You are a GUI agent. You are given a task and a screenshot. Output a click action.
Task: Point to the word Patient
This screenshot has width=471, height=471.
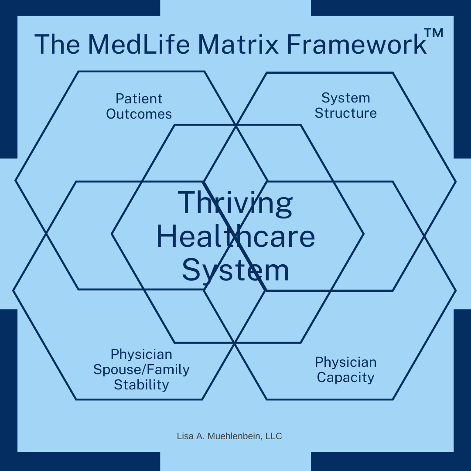(x=139, y=99)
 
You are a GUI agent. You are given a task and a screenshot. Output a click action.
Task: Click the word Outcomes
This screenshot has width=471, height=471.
(x=139, y=114)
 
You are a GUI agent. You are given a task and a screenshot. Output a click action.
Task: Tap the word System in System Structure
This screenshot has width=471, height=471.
(x=345, y=98)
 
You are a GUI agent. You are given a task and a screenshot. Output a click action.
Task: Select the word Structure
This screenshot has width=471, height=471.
(x=345, y=113)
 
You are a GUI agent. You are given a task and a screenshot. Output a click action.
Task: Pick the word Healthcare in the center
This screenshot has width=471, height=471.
(x=235, y=237)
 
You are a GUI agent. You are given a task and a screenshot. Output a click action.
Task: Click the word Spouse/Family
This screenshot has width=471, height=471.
(x=141, y=370)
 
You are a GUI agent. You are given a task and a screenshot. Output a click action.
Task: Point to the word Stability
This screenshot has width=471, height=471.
(x=141, y=385)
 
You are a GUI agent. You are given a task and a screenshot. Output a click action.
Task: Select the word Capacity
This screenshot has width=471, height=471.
(x=345, y=377)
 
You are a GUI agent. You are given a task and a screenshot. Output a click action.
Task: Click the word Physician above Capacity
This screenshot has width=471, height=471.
(x=345, y=362)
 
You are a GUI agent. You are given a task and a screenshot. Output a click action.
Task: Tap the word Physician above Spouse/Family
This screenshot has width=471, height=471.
(x=141, y=354)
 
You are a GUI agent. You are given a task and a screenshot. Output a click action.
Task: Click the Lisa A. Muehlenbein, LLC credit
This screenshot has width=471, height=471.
(x=229, y=436)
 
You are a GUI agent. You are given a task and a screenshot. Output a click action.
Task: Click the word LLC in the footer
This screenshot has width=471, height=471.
(x=275, y=436)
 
